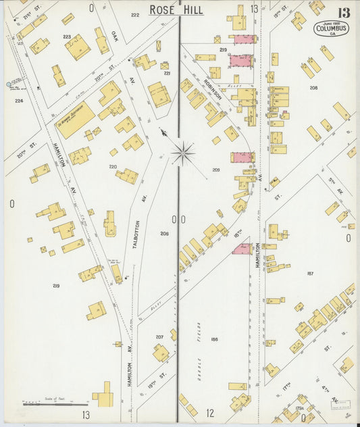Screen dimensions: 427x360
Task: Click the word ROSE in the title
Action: tap(163, 9)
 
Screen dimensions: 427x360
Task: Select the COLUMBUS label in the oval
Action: tap(331, 28)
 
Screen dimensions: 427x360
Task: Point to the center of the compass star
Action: tap(182, 153)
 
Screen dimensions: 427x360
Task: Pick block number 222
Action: tap(135, 14)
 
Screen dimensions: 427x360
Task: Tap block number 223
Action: tap(67, 37)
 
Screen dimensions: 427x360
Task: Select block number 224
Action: tap(19, 100)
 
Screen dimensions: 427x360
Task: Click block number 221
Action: tap(167, 73)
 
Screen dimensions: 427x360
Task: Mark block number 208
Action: tap(313, 88)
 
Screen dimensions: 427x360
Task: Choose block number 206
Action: tap(164, 233)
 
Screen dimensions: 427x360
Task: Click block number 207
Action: tap(160, 336)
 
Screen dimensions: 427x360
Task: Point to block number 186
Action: tap(214, 339)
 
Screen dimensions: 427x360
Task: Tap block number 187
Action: tap(310, 273)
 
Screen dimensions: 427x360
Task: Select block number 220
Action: tap(113, 166)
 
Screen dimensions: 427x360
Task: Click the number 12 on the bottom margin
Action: tap(210, 413)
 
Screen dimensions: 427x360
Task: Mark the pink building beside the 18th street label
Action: tap(242, 249)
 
